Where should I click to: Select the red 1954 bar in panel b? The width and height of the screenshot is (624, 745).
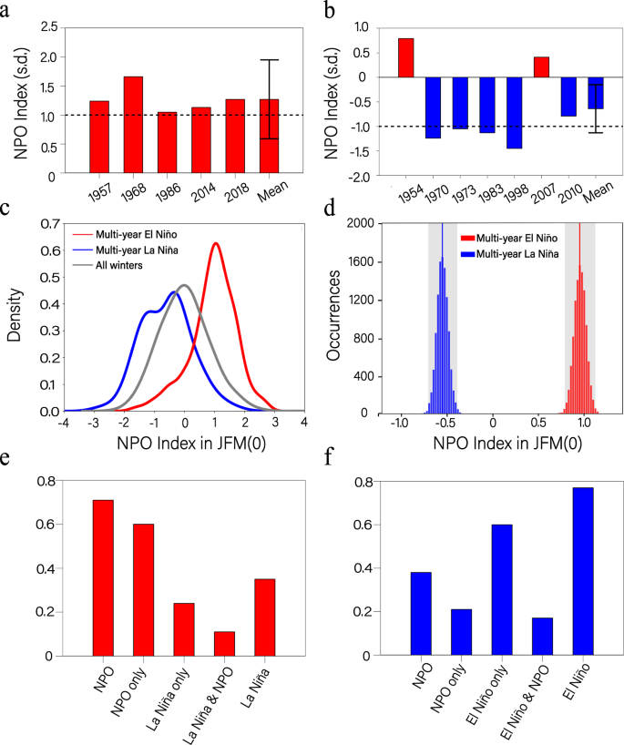405,57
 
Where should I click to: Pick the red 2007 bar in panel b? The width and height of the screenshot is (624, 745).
543,67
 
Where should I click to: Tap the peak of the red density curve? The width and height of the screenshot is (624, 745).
216,244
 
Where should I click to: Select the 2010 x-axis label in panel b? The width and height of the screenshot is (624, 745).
566,194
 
